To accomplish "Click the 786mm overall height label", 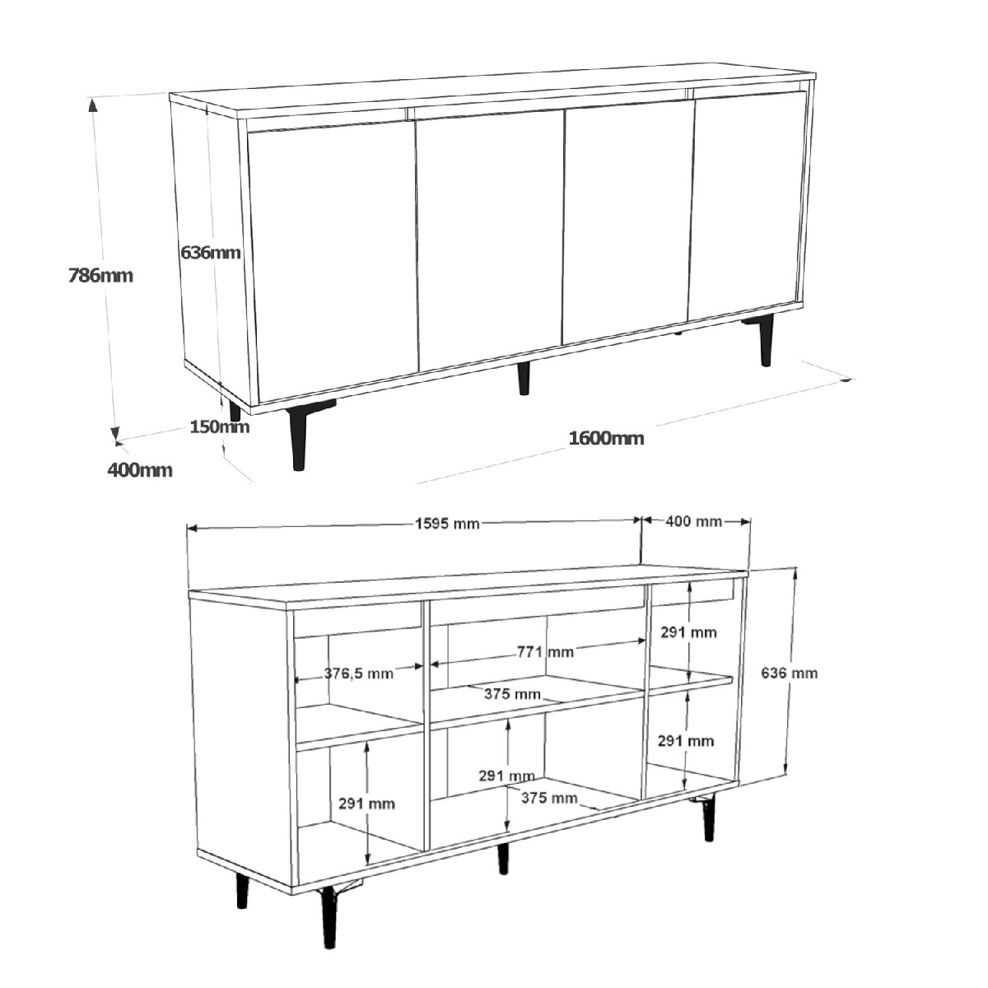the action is [100, 276].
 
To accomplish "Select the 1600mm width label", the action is [606, 438].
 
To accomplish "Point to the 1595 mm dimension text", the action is [447, 524].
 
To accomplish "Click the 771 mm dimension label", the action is [545, 651].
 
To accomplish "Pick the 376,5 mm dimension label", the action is [359, 673].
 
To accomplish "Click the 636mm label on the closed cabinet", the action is [210, 252].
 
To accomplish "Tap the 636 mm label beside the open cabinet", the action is [789, 673].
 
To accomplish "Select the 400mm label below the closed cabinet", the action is [140, 470].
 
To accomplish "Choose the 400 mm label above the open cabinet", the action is [694, 521].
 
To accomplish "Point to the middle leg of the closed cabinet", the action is [523, 379].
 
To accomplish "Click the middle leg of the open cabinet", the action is [504, 859].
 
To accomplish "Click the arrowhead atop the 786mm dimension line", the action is [92, 105].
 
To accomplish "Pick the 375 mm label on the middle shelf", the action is [512, 694].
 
